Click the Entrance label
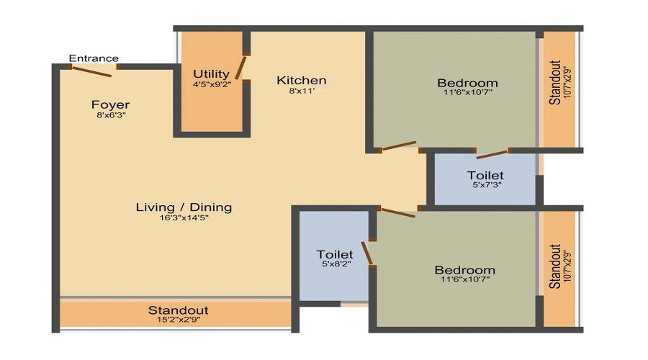94,58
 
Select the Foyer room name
110,105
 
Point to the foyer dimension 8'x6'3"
110,115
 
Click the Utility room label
212,74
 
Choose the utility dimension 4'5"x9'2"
212,84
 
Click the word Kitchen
302,80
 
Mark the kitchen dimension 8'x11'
302,91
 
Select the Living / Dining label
184,207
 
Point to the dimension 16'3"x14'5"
184,218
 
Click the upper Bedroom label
467,83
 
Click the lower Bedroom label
464,270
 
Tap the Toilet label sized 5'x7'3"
485,175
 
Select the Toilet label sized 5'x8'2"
335,254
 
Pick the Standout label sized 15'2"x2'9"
178,310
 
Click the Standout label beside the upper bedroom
556,84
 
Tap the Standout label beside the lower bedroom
556,266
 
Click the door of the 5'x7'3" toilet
492,153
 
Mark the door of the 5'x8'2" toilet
368,253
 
